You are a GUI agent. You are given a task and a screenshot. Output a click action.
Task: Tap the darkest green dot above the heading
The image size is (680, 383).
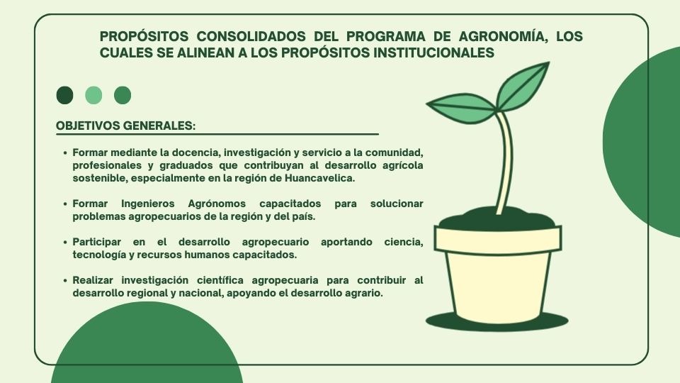tap(64, 95)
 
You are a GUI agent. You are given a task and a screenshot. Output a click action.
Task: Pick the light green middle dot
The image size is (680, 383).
tap(93, 95)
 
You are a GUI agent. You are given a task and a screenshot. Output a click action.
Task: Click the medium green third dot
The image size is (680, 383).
tap(123, 95)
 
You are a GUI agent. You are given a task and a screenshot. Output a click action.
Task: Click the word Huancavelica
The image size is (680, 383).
tap(319, 178)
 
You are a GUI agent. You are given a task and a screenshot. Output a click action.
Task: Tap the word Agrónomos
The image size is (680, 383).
tap(217, 204)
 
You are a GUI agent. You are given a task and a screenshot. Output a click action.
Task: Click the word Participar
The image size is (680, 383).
tap(97, 242)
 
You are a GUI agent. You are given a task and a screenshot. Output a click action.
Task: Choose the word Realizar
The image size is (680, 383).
tap(93, 280)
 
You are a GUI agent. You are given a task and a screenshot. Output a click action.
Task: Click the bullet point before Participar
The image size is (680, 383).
tap(65, 243)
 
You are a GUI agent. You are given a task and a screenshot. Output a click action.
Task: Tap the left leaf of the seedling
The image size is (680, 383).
tap(460, 109)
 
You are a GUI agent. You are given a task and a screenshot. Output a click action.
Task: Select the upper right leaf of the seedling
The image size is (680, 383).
tap(522, 87)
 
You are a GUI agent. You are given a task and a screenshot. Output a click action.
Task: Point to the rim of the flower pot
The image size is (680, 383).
tap(498, 240)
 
